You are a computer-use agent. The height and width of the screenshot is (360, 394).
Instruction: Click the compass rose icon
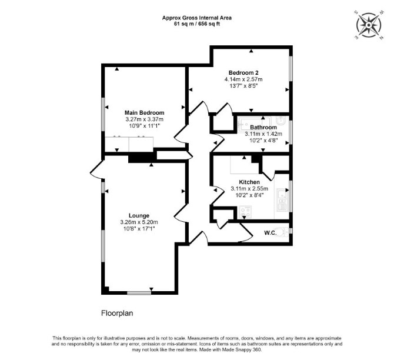point(369,25)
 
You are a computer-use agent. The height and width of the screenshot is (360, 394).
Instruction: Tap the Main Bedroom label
point(145,112)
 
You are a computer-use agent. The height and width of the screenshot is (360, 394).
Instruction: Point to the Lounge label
point(139,215)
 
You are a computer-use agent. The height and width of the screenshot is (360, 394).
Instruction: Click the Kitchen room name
point(249,182)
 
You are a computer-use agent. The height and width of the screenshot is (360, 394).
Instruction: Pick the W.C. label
point(270,233)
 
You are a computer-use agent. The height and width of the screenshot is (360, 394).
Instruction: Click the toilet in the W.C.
point(282,231)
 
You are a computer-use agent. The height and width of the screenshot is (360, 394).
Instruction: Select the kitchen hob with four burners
point(245,212)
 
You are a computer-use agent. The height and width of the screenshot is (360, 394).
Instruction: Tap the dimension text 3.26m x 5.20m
point(139,222)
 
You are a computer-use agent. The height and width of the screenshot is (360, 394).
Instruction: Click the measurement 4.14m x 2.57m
point(243,79)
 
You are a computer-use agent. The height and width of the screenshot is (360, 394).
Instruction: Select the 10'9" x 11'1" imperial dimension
point(145,126)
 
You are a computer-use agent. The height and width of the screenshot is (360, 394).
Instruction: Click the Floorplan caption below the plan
point(117,314)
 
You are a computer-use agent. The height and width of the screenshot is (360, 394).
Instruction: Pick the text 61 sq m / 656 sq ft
point(197,24)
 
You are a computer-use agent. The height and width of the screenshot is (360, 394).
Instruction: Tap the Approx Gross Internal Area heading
point(197,18)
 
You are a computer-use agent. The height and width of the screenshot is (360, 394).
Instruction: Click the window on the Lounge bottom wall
point(139,292)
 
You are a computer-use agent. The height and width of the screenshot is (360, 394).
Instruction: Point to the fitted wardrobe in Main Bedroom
point(129,144)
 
